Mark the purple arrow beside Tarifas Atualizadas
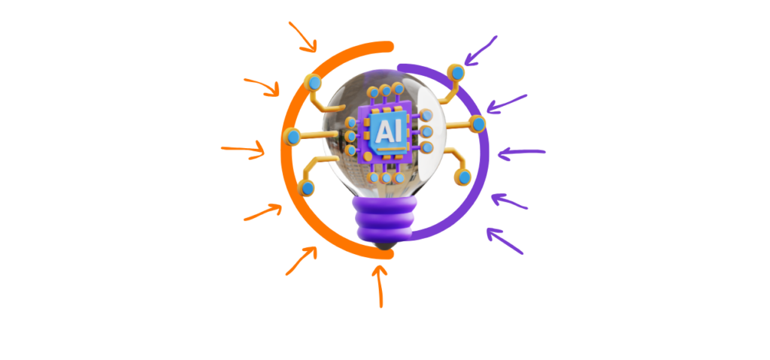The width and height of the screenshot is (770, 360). [505, 242]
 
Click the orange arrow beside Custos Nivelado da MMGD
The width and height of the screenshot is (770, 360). [299, 259]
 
